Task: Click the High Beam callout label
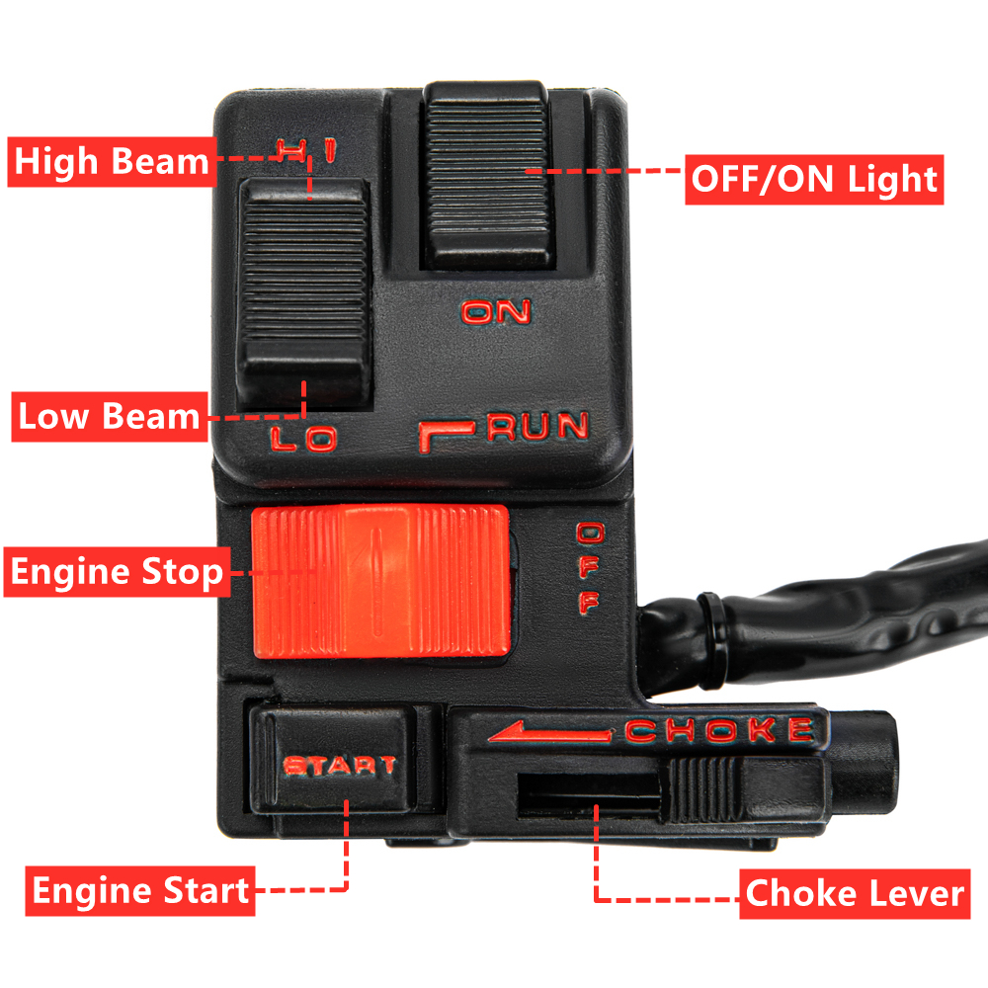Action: coord(111,162)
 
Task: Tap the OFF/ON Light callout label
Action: coord(813,179)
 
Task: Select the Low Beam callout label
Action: coord(109,417)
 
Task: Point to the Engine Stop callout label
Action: coord(117,572)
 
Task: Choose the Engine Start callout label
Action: coord(140,891)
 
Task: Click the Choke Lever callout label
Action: coord(854,894)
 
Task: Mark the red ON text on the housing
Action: coord(497,312)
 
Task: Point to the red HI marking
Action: coord(307,151)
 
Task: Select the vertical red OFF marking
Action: coord(588,569)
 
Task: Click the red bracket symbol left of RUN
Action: coord(447,434)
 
